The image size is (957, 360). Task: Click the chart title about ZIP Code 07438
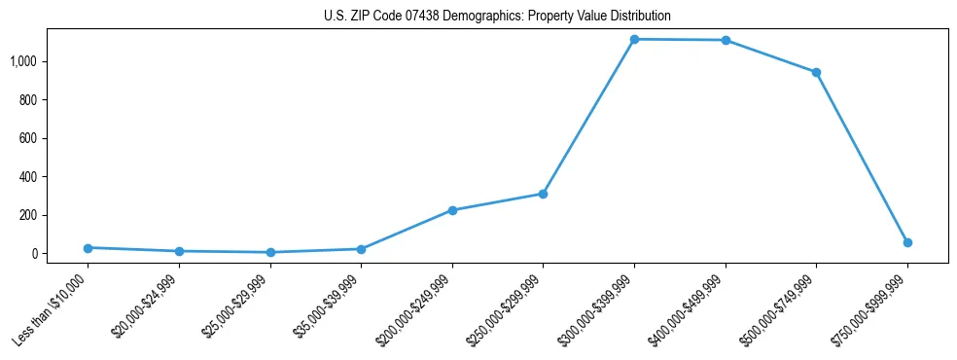[496, 17]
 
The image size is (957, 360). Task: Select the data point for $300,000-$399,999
[634, 39]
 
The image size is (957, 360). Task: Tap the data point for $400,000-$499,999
[726, 40]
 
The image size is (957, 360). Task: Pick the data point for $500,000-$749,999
[816, 72]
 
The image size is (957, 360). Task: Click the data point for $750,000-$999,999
[907, 242]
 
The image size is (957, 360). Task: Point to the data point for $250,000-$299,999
[543, 194]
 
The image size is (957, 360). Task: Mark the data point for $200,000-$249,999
[452, 210]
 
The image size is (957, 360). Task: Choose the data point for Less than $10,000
[88, 248]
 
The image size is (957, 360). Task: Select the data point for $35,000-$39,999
[361, 249]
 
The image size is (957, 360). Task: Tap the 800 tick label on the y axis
[27, 99]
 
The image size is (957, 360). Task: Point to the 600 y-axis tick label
[27, 138]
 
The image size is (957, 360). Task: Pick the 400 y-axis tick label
[27, 176]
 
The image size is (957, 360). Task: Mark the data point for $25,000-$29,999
[269, 252]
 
